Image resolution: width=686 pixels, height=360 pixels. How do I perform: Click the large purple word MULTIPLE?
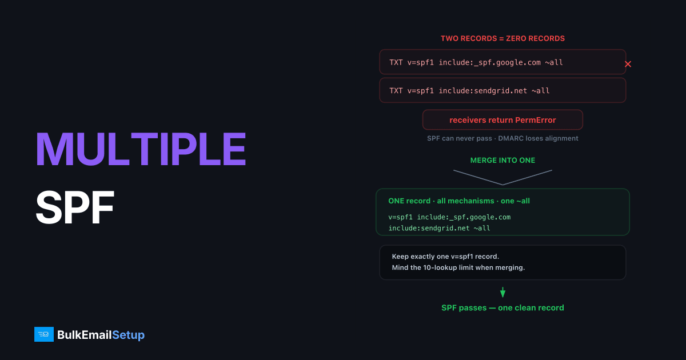click(141, 149)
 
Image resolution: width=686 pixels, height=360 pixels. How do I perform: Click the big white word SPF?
click(75, 207)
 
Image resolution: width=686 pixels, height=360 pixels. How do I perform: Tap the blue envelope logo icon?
click(44, 334)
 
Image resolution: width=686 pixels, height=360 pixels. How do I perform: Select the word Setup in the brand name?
click(128, 335)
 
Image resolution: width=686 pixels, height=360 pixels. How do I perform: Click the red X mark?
click(628, 64)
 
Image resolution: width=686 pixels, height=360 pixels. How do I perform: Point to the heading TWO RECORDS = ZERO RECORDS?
click(502, 39)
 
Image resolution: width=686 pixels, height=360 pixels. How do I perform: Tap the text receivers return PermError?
click(502, 120)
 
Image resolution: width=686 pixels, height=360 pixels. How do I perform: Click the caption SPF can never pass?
click(460, 138)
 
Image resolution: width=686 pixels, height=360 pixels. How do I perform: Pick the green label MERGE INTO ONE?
click(502, 161)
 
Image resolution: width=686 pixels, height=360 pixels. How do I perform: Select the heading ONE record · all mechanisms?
click(441, 201)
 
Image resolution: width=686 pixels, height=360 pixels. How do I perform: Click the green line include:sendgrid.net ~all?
click(439, 228)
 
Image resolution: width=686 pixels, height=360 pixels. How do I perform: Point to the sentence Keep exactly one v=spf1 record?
click(445, 257)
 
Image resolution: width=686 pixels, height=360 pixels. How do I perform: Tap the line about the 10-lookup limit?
click(458, 267)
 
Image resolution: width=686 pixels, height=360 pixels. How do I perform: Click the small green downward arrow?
click(502, 293)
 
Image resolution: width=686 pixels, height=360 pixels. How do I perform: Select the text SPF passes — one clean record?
click(502, 307)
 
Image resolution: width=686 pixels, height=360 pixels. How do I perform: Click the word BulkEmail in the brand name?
click(84, 335)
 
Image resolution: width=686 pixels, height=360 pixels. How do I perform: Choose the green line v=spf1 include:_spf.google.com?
click(449, 217)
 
